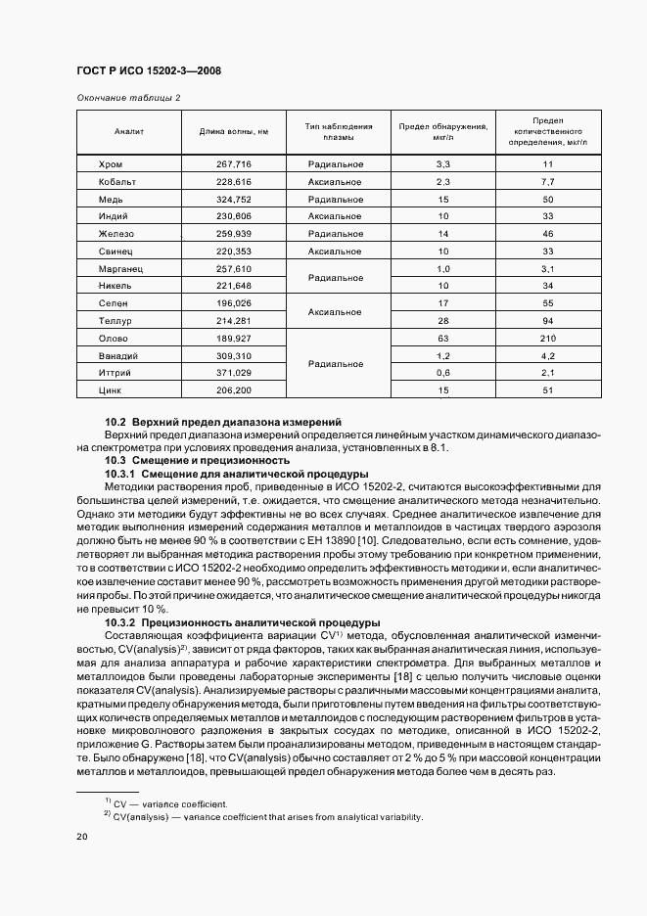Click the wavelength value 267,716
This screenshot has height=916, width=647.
coord(234,164)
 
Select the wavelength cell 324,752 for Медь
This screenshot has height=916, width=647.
coord(234,200)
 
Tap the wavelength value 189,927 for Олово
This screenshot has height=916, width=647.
coord(234,338)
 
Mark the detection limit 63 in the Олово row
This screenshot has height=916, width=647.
coord(442,338)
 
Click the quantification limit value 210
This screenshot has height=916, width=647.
coord(547,338)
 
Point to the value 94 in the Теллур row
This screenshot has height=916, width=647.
coord(547,320)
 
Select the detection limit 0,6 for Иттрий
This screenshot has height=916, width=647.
coord(442,373)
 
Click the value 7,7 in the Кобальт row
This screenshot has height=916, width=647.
coord(547,182)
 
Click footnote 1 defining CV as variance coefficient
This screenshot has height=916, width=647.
coord(171,804)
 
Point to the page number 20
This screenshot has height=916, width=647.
coord(82,837)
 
